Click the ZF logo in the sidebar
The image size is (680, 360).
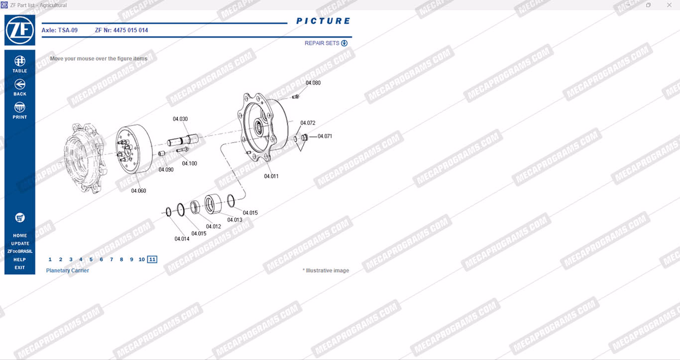20,30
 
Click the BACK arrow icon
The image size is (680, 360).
20,84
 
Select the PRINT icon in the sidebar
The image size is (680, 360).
20,108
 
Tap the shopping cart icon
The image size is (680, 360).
20,218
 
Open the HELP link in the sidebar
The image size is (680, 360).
20,259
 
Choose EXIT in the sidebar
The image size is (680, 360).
20,267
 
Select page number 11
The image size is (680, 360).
152,259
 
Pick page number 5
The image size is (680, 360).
91,259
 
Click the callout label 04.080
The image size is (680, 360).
313,83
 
